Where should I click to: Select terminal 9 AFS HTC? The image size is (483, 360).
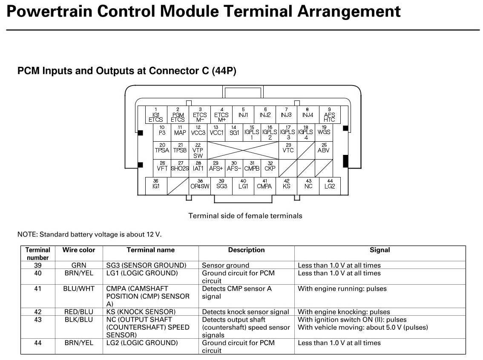tap(329, 115)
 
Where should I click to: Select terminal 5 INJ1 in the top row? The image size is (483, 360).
tap(243, 114)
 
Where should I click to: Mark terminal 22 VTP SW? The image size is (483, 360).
tap(198, 150)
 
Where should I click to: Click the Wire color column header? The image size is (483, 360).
tap(79, 250)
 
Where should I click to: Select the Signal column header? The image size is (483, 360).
tap(379, 250)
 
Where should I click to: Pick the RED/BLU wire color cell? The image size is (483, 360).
tap(79, 312)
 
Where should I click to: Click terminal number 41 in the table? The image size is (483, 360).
tap(38, 289)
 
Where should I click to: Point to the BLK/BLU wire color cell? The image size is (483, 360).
tap(79, 320)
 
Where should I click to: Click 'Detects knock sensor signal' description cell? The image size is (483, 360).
tap(245, 312)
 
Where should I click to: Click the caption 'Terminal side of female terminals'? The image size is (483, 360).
tap(245, 216)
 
